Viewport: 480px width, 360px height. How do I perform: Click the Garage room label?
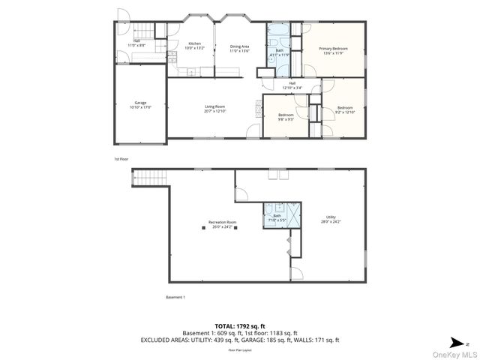[140, 104]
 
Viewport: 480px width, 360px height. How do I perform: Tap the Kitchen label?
[194, 46]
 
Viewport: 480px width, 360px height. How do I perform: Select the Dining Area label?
[239, 49]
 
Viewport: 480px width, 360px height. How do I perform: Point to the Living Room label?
[215, 109]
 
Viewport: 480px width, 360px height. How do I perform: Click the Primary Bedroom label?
[334, 51]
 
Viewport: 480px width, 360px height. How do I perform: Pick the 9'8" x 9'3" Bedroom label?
[286, 116]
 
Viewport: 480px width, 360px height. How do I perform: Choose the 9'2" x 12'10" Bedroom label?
[345, 110]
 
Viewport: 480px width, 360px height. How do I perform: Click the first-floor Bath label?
[279, 53]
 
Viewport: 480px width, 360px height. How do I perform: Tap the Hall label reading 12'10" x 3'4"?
[292, 85]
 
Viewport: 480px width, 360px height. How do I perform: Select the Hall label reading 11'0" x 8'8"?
[136, 44]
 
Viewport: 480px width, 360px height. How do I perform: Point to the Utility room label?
[331, 219]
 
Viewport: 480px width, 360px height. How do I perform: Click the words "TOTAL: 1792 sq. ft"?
[240, 325]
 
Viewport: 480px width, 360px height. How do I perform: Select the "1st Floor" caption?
[121, 159]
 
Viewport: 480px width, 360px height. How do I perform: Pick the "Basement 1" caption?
[175, 297]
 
